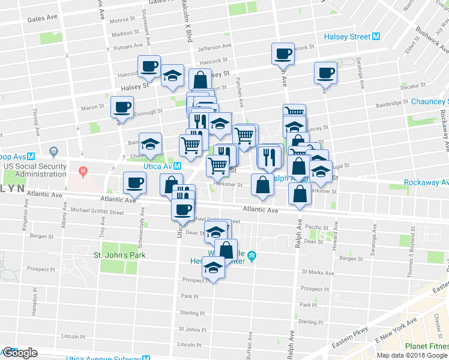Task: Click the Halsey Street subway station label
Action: pos(348,37)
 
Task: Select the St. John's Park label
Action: pos(120,255)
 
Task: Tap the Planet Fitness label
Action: pos(425,346)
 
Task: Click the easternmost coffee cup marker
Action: pos(326,73)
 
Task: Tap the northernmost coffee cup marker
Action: pos(283,54)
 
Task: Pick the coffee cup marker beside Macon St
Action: pos(122,107)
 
